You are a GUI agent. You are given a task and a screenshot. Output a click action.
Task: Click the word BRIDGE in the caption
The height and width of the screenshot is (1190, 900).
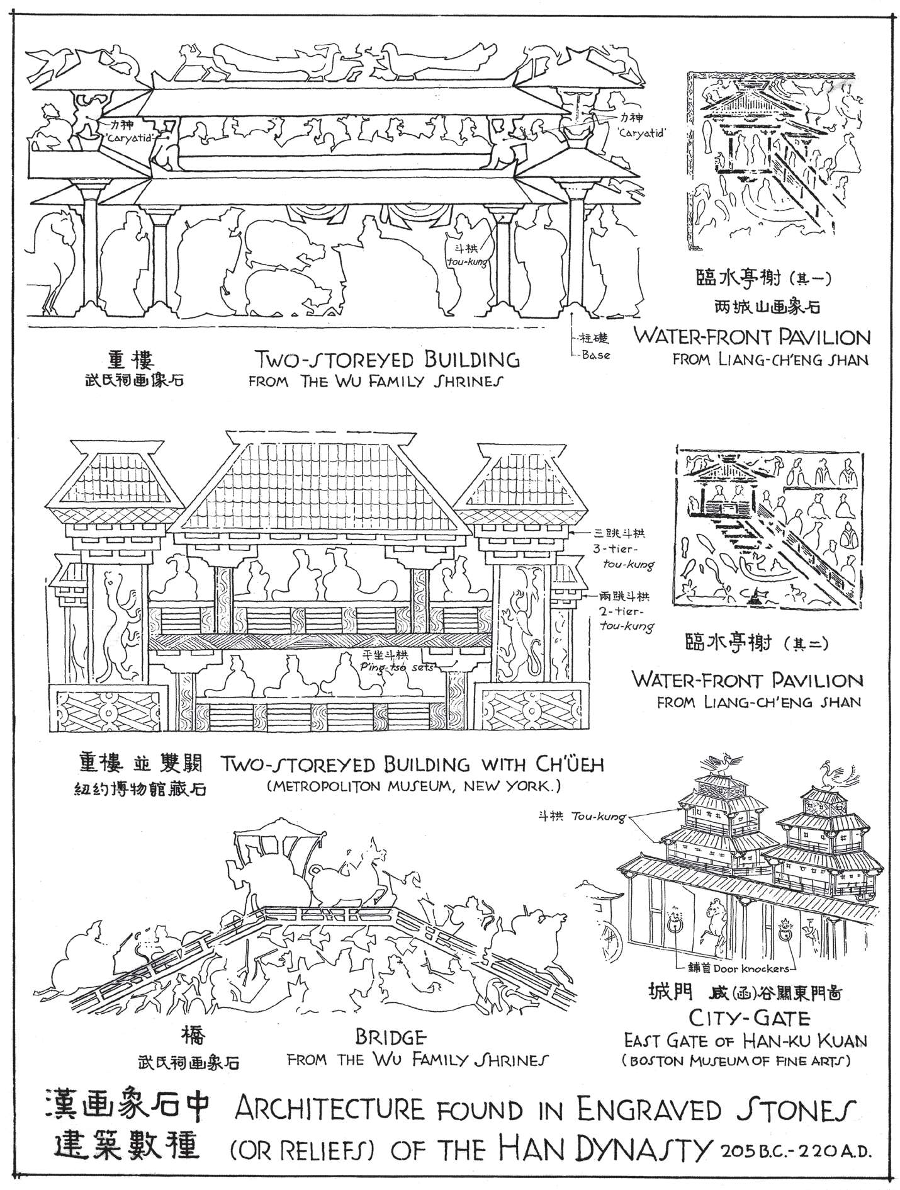[x=391, y=1036]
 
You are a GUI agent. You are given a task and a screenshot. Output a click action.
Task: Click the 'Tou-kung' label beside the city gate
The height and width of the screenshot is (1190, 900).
[x=599, y=818]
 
